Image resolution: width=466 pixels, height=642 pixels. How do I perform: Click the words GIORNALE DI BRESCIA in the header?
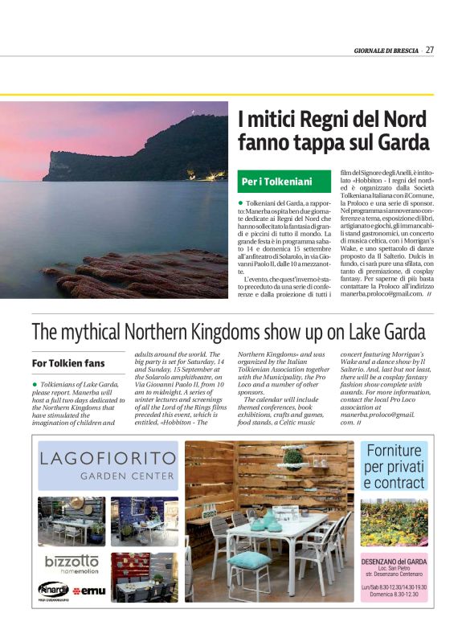coord(386,51)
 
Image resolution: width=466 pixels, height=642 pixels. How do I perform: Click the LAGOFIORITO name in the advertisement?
coord(108,460)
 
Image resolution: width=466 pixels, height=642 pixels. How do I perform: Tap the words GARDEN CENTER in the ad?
coord(127,476)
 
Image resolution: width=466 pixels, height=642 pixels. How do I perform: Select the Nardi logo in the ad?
coord(53,588)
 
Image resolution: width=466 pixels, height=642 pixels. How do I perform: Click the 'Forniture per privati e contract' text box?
coord(394,467)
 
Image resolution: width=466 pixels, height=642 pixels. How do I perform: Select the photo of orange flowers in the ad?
coord(394,523)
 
